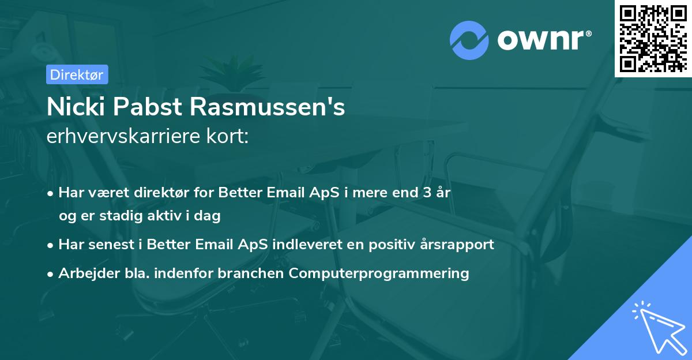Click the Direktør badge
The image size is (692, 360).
pos(77,74)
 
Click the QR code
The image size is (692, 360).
pos(653,38)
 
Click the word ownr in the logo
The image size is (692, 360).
pos(543,40)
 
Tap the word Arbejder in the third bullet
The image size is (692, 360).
pos(84,273)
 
